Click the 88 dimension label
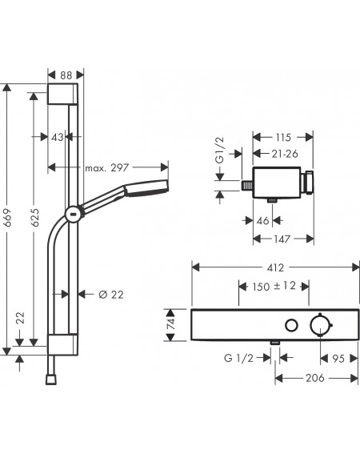(x=66, y=75)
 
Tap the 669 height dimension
(x=8, y=218)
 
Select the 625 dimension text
(x=34, y=218)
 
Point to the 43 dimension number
(x=58, y=137)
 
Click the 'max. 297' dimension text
(x=106, y=167)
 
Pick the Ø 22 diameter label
(x=111, y=295)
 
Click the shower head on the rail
(x=146, y=188)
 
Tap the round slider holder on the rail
(x=74, y=215)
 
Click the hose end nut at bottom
(x=51, y=380)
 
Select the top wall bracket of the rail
(x=62, y=94)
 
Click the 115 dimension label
(x=282, y=137)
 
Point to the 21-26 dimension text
(x=285, y=154)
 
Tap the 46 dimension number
(x=262, y=221)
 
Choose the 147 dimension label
(x=282, y=239)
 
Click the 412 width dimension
(x=275, y=267)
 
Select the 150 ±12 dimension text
(x=274, y=287)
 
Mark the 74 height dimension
(x=172, y=323)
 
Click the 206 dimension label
(x=315, y=378)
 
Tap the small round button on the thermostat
(x=291, y=325)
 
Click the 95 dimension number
(x=338, y=359)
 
